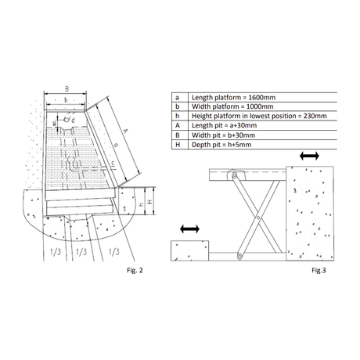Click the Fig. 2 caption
[135, 270]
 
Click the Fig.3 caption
[319, 270]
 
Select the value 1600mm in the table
[262, 98]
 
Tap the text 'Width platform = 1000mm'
[232, 106]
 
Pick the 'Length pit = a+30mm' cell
[225, 125]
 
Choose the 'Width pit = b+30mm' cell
[224, 135]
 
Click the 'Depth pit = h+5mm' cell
[221, 145]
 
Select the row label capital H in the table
[178, 145]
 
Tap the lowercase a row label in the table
[177, 98]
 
